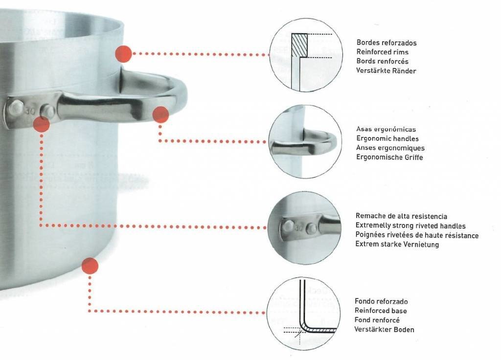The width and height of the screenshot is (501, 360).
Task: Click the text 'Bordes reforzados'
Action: pos(387,43)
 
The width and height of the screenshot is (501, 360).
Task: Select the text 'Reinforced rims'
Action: pos(382,52)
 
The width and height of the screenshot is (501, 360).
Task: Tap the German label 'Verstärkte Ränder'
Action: pos(386,70)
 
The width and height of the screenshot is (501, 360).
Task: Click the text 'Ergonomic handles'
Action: pos(387,138)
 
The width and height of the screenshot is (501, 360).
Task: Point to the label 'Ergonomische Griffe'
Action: pos(389,157)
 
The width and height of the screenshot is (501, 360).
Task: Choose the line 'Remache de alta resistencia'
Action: pos(401,216)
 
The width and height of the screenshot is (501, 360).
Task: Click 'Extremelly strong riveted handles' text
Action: pos(410,226)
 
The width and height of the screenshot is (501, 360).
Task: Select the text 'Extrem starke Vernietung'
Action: pos(397,245)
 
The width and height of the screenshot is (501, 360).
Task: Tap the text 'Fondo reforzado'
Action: pos(381,301)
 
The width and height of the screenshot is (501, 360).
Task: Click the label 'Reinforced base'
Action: pos(381,311)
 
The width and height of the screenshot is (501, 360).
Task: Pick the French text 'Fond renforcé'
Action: pos(377,320)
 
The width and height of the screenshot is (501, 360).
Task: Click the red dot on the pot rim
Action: pos(123,54)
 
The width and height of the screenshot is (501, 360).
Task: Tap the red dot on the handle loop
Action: pos(160,115)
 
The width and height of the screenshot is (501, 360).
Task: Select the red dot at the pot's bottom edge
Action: pos(90,266)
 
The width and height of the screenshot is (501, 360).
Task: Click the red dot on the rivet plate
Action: pos(41,124)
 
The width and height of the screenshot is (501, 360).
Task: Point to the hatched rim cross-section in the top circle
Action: pos(299,45)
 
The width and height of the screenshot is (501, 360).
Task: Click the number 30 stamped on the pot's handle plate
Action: pos(30,111)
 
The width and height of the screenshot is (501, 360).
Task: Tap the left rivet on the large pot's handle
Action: pos(16,107)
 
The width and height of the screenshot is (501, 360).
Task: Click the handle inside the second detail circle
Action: pos(303,144)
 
